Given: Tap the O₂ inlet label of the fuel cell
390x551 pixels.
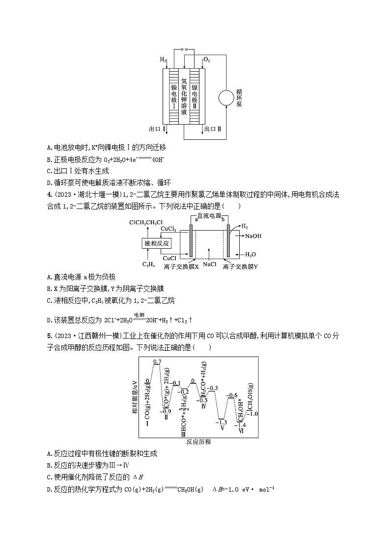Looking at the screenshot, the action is click(207, 60).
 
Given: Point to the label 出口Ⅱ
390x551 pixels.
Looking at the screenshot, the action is click(213, 129).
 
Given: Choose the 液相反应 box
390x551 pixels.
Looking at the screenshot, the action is click(156, 243).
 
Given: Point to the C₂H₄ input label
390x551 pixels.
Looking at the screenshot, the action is click(149, 265).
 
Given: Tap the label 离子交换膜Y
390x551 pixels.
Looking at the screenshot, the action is click(240, 266).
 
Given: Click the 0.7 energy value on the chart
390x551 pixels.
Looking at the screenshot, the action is click(157, 362).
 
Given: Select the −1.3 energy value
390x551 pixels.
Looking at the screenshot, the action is click(222, 422).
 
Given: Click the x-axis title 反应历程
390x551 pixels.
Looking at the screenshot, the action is click(199, 442).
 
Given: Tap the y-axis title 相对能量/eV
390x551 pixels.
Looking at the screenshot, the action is click(135, 396).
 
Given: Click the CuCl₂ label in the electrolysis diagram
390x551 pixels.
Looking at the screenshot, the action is click(169, 229).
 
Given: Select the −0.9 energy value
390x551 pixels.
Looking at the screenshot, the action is click(167, 411).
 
